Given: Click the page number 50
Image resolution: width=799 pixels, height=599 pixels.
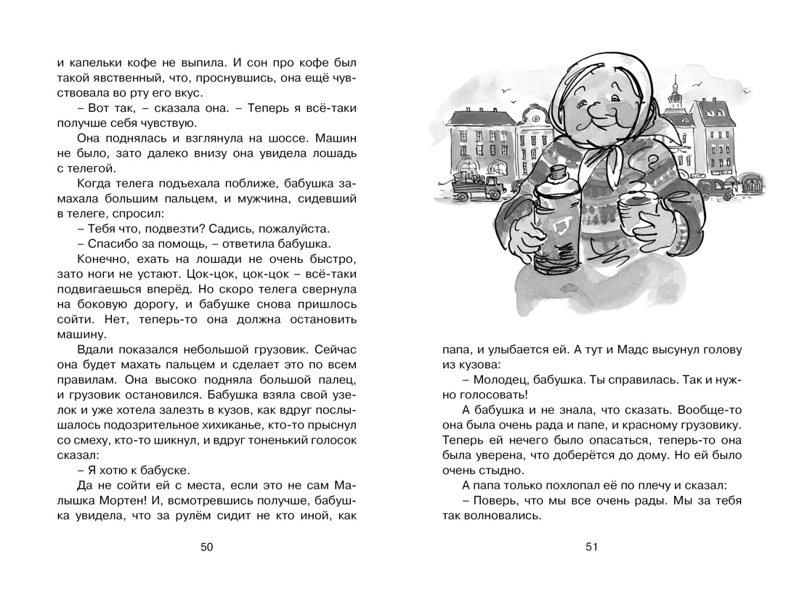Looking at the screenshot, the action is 206,547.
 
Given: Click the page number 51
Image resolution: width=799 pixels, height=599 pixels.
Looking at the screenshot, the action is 591,547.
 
